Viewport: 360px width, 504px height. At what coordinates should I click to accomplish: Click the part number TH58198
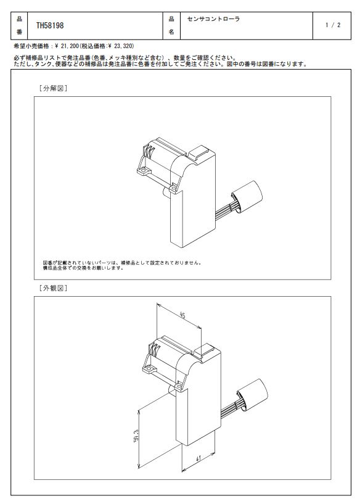pos(50,25)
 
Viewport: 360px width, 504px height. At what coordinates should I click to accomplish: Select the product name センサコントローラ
pos(213,19)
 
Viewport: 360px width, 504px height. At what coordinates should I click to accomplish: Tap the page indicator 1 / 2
pos(333,25)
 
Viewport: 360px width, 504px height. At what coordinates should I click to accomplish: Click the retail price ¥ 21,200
pos(67,46)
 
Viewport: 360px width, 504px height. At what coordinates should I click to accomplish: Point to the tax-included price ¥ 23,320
pos(120,46)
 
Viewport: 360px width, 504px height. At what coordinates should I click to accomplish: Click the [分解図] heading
pos(53,88)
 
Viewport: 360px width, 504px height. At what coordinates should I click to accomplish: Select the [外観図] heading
pos(53,288)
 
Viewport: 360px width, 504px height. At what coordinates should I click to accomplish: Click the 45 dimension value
pos(182,316)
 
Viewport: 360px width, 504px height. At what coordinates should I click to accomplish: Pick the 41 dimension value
pos(198,458)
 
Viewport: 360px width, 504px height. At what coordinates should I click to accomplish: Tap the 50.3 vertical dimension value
pos(136,436)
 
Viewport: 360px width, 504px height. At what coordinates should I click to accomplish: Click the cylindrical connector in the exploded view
pos(247,197)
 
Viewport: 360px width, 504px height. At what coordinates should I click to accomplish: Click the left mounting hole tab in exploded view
pos(144,170)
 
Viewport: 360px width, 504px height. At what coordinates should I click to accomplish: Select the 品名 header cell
pos(171,25)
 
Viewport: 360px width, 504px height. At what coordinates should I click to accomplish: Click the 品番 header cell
pos(19,25)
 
